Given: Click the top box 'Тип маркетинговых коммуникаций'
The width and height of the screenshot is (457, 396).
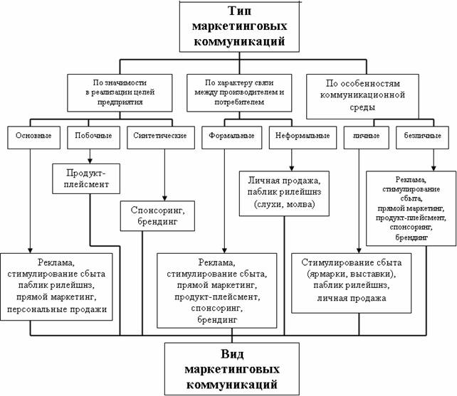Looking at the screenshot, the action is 239,27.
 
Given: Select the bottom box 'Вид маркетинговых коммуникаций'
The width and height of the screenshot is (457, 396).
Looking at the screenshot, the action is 232,369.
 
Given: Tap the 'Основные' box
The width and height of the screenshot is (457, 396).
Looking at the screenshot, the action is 33,137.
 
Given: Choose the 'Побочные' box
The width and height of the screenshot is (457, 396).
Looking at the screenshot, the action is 93,137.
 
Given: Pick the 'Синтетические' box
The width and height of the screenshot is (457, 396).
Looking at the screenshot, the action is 161,137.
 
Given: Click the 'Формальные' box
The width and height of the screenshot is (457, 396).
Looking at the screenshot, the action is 232,137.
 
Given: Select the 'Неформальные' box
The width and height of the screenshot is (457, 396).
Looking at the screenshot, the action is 303,137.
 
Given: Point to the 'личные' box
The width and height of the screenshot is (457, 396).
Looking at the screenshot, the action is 367,137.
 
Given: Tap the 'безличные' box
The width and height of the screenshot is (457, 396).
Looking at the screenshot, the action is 422,137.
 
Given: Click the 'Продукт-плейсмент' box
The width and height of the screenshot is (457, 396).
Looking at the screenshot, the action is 86,178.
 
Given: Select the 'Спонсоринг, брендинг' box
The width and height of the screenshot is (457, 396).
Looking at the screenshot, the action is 158,216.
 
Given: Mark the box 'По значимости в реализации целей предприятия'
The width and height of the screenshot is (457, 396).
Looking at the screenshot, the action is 120,93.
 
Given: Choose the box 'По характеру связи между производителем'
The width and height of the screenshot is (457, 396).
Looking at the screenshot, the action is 239,93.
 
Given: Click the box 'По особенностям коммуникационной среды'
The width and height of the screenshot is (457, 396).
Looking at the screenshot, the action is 362,97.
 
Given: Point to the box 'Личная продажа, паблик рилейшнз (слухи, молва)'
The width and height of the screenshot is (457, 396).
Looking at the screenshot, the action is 284,193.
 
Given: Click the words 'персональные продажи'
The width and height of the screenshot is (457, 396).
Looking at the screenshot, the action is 57,309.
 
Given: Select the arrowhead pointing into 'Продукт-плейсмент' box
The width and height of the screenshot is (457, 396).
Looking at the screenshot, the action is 90,161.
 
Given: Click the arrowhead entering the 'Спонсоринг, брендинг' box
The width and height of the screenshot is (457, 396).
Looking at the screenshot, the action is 164,198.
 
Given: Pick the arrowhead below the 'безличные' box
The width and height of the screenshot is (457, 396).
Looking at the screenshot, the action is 434,168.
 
